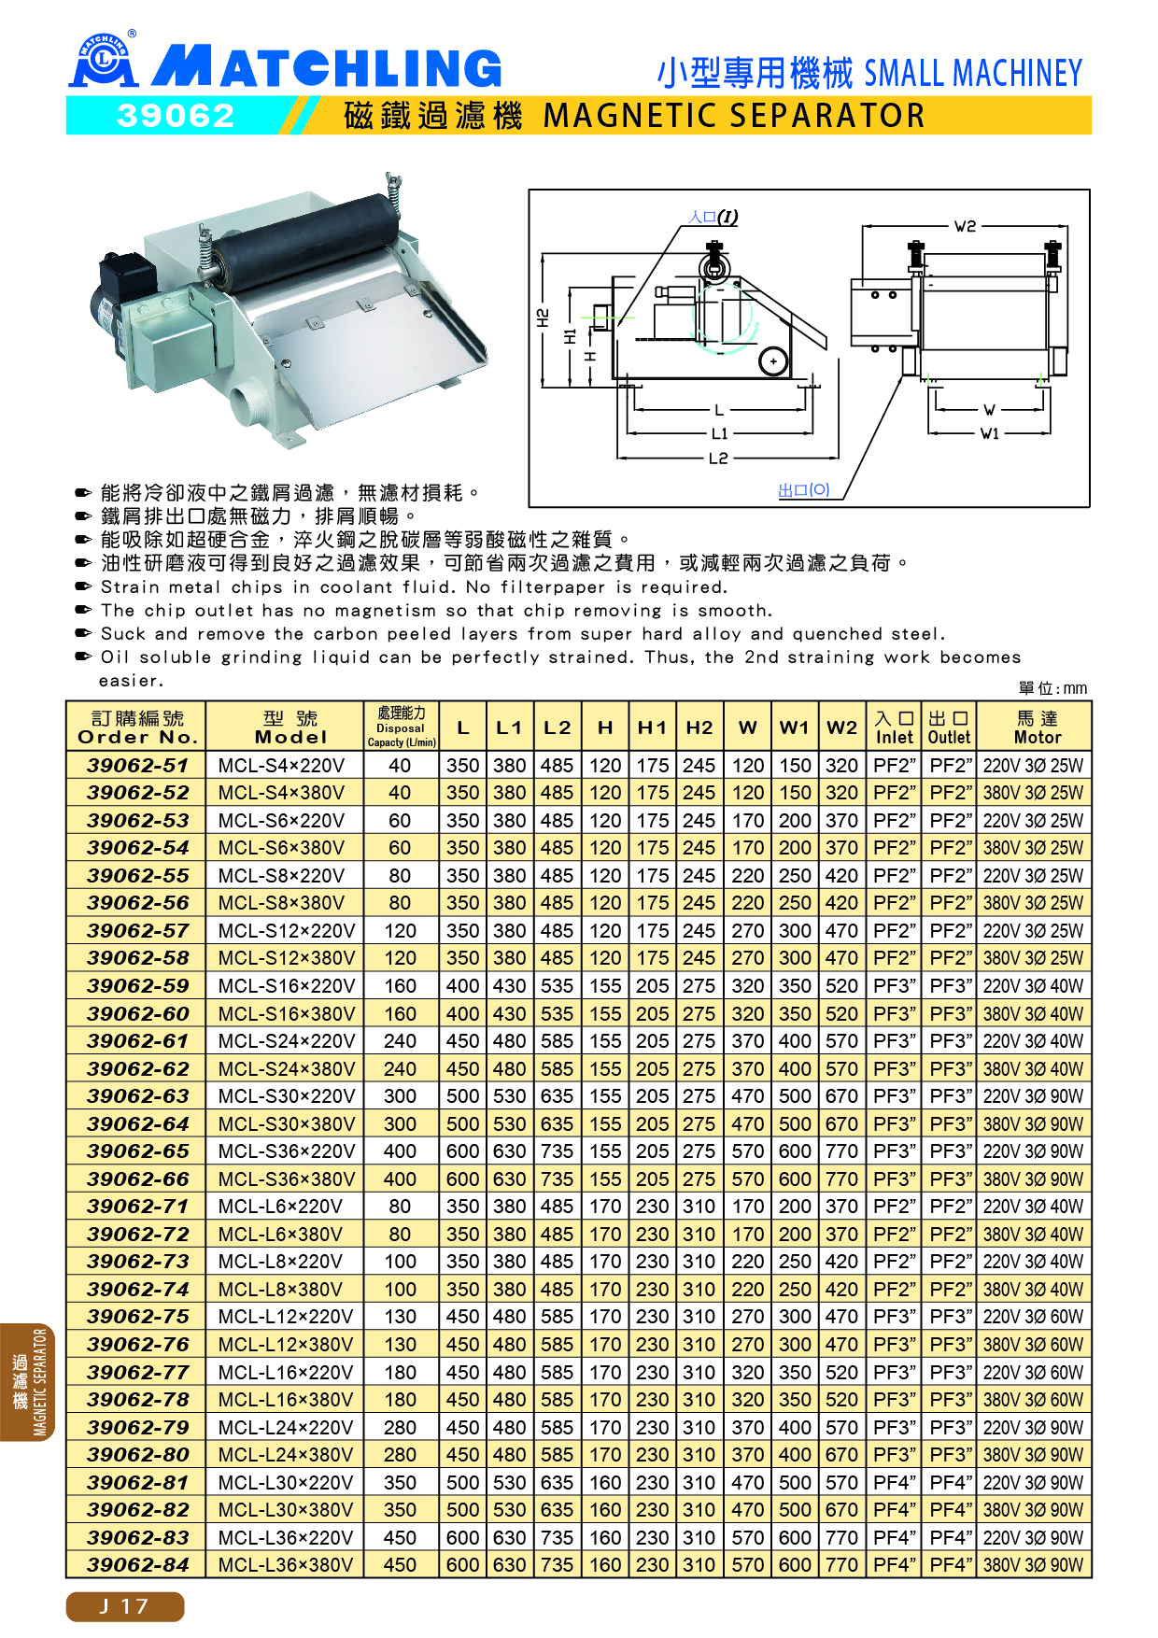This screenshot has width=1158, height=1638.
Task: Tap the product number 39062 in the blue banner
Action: [x=176, y=116]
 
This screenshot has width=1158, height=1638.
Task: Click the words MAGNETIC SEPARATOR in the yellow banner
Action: [x=734, y=116]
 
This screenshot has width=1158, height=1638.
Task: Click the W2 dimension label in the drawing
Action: [x=965, y=226]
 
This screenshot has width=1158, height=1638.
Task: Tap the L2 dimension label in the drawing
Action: [x=718, y=459]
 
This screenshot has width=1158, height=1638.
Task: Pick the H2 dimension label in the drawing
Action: [x=543, y=319]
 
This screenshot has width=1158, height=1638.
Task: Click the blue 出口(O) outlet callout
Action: [x=804, y=489]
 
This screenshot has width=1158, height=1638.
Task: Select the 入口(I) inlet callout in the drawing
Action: [x=713, y=217]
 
